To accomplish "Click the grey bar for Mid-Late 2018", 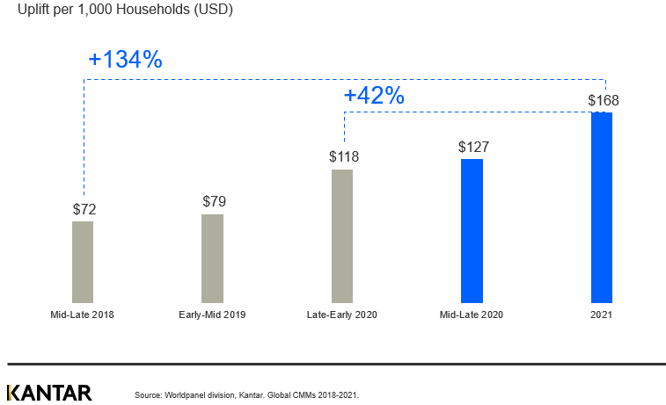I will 83,262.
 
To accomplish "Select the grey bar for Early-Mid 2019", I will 212,258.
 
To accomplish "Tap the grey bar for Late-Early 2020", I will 342,236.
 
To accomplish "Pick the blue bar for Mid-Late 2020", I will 472,231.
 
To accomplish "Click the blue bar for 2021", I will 602,207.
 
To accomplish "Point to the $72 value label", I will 84,209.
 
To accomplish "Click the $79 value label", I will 214,202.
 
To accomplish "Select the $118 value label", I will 344,157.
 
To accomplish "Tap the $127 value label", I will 473,147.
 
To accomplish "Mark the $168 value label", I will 604,100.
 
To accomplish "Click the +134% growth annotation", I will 125,60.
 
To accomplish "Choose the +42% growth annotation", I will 374,96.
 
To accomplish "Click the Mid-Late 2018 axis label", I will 82,315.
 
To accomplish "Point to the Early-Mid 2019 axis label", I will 212,315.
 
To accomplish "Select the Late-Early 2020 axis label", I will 342,315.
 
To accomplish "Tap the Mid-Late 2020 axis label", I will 472,315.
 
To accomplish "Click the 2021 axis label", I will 602,315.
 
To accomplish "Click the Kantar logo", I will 49,393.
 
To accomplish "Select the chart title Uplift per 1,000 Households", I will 125,11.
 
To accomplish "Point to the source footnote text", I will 246,395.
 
